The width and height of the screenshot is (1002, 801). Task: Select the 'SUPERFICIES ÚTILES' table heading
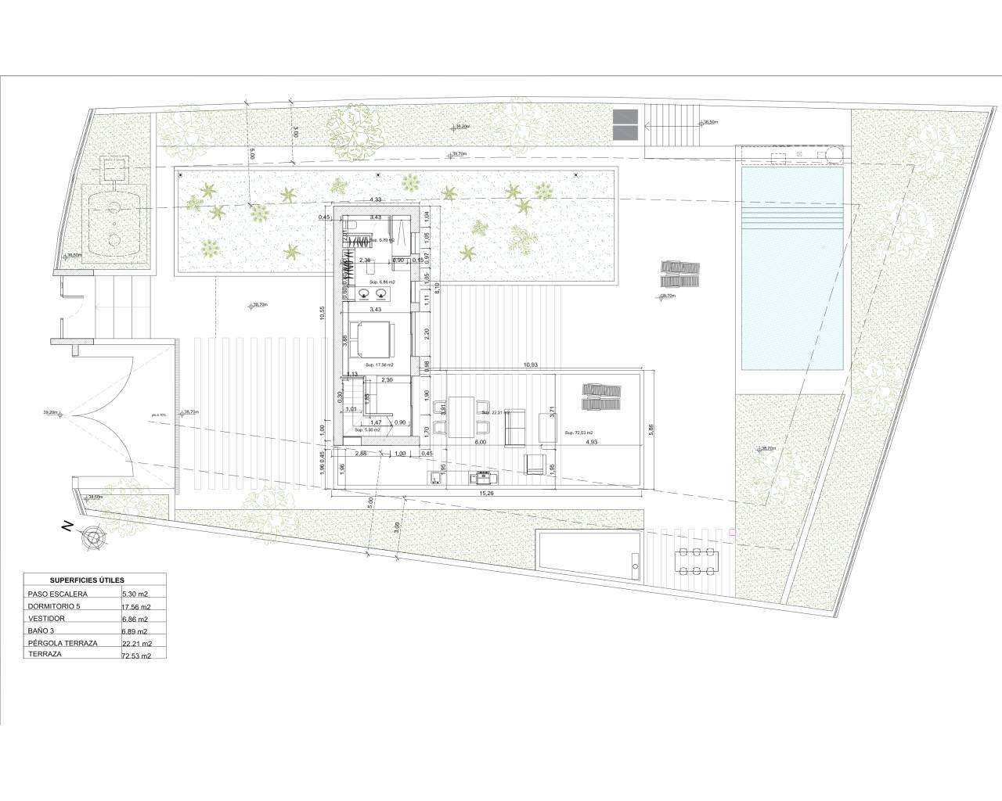[87, 580]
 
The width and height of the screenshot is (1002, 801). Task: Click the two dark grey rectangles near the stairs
[626, 123]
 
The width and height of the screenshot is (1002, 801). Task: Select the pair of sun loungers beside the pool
[679, 274]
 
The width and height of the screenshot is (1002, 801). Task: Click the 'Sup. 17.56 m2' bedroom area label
[380, 365]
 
